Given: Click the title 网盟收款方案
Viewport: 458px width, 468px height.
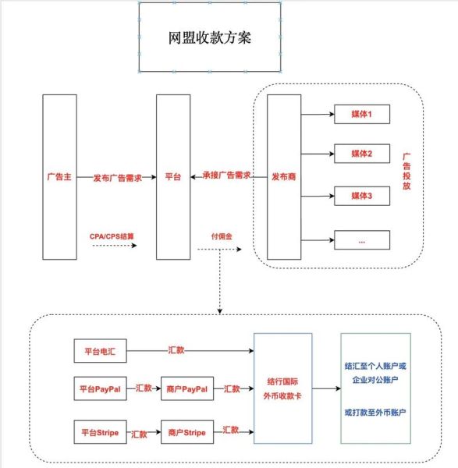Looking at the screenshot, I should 208,37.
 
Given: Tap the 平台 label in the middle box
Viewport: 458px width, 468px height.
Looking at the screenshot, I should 173,177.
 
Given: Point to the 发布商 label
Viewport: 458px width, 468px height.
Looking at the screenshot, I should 282,177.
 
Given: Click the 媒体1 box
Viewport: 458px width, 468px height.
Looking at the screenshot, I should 361,115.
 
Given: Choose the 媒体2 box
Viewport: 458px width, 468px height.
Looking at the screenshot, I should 361,154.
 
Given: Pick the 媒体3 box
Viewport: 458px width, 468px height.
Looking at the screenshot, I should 361,196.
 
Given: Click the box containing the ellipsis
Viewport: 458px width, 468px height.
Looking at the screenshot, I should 361,241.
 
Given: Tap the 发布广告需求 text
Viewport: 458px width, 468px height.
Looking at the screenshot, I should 117,177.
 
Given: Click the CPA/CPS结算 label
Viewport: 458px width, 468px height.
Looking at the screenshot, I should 114,235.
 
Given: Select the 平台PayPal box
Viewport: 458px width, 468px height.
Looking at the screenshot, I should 101,388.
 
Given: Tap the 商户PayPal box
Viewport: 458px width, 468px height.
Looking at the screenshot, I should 187,388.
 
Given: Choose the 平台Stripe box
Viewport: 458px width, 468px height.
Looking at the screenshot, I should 101,431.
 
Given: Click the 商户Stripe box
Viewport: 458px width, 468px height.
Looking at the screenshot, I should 186,431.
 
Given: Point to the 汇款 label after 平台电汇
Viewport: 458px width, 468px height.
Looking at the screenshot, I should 177,350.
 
